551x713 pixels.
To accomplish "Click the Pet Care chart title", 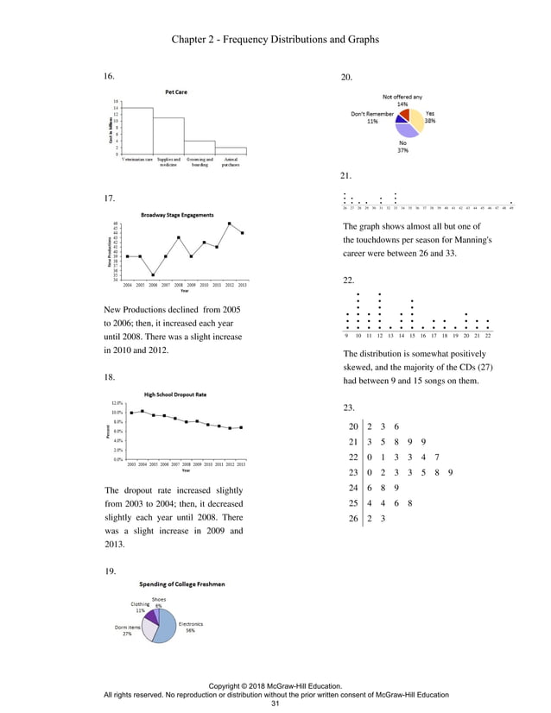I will click(x=176, y=91).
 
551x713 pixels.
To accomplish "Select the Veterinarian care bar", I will click(x=138, y=131).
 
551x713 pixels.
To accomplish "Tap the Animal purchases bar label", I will click(x=231, y=163).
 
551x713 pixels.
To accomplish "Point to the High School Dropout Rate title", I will click(x=176, y=394).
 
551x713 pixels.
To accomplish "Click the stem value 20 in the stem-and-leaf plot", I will click(x=351, y=426).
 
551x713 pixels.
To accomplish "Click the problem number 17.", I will click(x=109, y=199).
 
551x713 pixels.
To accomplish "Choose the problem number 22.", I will click(x=349, y=281).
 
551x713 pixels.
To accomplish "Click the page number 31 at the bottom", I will click(x=275, y=704).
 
